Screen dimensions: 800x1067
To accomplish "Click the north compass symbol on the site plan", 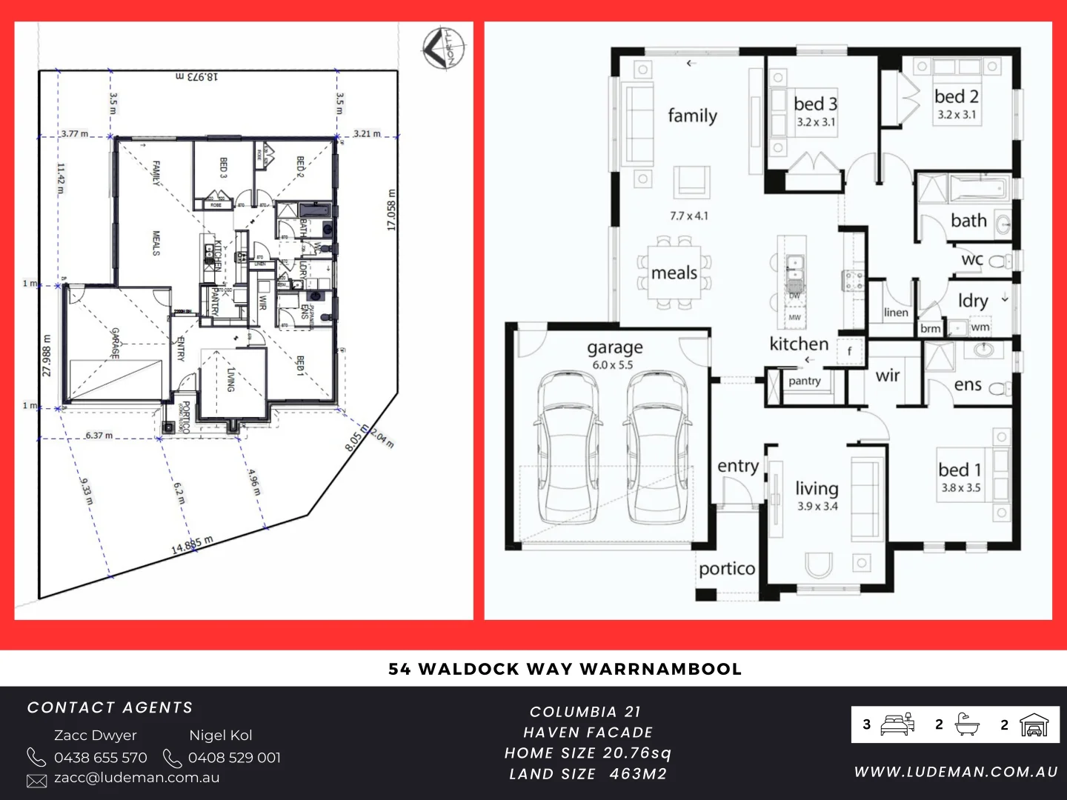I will coord(444,49).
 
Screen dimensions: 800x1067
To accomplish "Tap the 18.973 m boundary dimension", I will coord(197,76).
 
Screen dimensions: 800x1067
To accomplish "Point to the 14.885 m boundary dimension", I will coord(192,545).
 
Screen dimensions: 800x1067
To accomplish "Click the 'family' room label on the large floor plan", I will coord(692,116).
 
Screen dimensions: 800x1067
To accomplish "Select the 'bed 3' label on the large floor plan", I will coord(815,104).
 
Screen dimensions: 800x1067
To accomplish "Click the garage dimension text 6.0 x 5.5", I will coord(613,365).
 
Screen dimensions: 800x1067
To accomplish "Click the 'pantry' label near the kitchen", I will coord(804,381).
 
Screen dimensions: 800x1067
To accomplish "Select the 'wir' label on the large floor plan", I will coord(887,376).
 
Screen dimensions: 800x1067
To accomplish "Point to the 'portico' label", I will coord(727,569).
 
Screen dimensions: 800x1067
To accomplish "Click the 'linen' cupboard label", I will coord(896,313).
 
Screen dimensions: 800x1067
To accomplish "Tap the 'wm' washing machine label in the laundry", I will coord(980,327).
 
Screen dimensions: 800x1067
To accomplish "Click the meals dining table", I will coord(674,273).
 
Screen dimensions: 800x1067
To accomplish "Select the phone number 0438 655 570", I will coord(101,758).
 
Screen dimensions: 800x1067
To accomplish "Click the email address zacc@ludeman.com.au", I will coord(136,778).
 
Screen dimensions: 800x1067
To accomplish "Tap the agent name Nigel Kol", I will coord(221,736).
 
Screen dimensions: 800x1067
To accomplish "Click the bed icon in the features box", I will coord(897,724).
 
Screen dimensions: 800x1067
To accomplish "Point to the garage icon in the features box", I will coord(1034,724).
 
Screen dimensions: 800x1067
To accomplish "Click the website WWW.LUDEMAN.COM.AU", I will coord(956,772).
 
